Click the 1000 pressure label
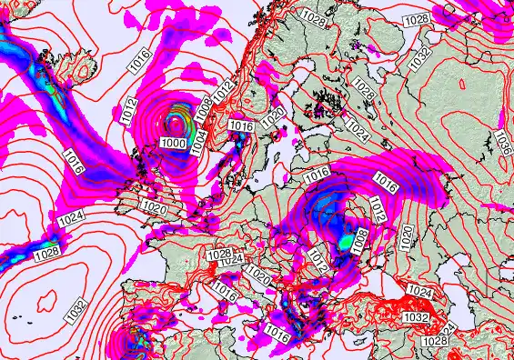point(175,143)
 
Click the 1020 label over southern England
point(154,208)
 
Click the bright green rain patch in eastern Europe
point(345,243)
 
